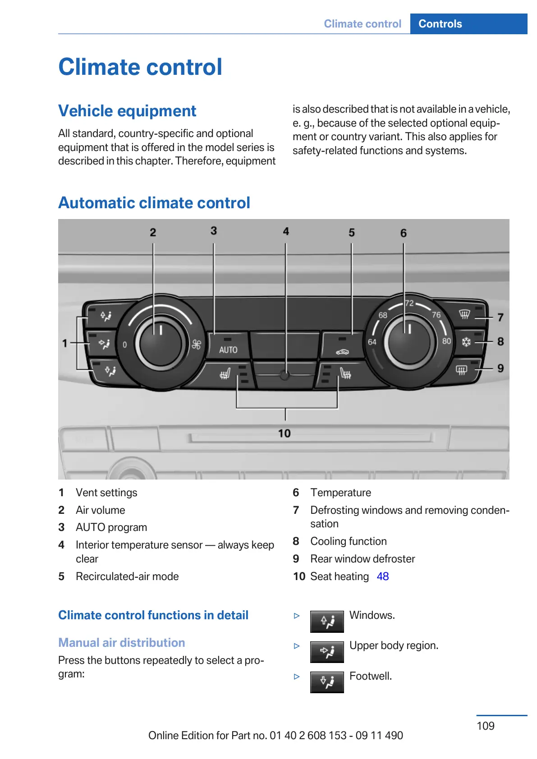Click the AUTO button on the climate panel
tap(228, 347)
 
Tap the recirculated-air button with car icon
tap(342, 347)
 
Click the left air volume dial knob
tap(160, 343)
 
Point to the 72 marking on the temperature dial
tap(409, 303)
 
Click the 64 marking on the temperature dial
tap(372, 342)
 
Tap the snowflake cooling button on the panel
tap(467, 342)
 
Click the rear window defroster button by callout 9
tap(462, 370)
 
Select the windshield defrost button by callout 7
tap(465, 314)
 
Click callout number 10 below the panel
tap(284, 434)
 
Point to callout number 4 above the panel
tap(286, 231)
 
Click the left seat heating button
tap(225, 374)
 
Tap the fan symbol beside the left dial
tap(196, 345)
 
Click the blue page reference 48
tap(383, 576)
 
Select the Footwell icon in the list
tap(327, 682)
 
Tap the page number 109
tap(486, 726)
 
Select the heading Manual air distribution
tap(122, 643)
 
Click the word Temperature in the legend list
tap(341, 493)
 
